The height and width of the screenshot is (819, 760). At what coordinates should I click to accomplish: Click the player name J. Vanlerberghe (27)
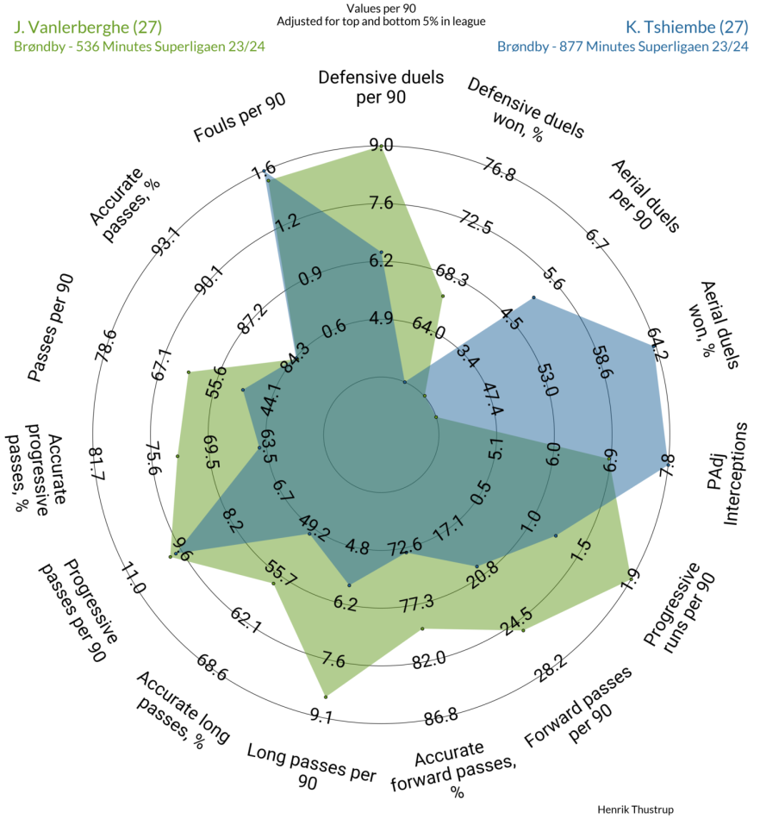pos(88,28)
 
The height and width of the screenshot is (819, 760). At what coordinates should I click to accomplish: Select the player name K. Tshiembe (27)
pos(687,28)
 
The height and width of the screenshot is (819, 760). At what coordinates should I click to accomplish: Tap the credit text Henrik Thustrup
pos(635,810)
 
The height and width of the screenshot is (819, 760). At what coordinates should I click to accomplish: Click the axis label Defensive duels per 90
pos(381,87)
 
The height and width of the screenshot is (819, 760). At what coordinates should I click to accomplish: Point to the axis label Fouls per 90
pos(240,117)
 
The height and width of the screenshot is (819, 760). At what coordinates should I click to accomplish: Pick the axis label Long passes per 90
pos(311,766)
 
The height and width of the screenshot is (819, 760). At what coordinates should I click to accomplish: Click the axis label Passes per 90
pos(51,328)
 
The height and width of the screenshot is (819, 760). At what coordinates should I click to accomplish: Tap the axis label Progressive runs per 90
pos(679,608)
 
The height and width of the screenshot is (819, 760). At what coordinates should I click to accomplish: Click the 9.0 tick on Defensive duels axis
pos(382,144)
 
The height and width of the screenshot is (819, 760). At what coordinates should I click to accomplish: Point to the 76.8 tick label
pos(499,169)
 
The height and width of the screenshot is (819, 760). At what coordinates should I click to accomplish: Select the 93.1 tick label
pos(166,242)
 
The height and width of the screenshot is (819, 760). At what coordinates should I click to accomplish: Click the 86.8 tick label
pos(441,716)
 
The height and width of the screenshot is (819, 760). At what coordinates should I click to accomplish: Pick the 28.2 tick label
pos(550,669)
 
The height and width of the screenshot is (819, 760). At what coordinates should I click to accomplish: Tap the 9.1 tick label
pos(321,715)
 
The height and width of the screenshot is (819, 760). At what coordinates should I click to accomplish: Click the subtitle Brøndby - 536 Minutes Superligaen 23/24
pos(140,47)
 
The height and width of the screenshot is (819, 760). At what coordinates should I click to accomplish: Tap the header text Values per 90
pos(381,9)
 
